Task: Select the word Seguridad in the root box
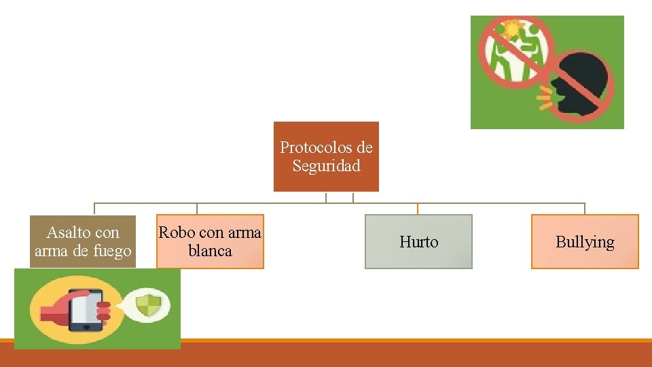pos(326,166)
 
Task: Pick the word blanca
pos(210,251)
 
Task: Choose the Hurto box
pos(418,242)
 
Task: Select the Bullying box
pos(585,242)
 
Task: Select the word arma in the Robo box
pos(244,232)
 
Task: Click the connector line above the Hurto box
pos(418,209)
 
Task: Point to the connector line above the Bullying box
pos(585,209)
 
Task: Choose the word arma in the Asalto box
pos(50,251)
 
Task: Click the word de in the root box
pos(365,147)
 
